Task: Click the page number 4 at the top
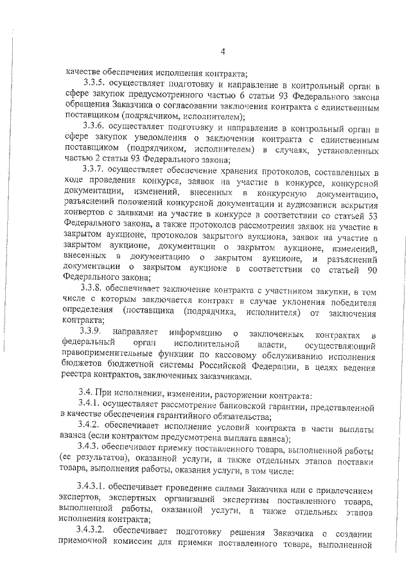coord(222,52)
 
